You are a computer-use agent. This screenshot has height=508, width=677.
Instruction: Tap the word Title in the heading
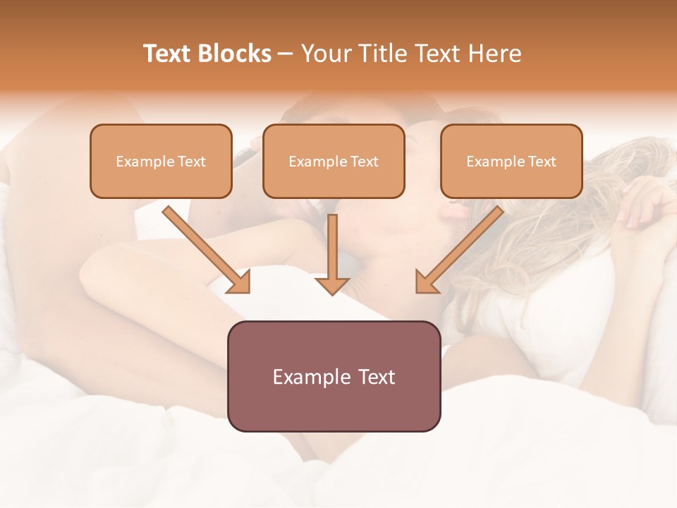(x=381, y=54)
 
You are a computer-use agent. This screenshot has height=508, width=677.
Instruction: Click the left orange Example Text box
(x=161, y=162)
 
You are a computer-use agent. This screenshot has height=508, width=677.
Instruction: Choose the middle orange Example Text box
(x=334, y=162)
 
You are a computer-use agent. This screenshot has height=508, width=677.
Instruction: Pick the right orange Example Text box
(x=511, y=162)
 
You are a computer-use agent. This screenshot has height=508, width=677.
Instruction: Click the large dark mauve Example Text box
(x=334, y=376)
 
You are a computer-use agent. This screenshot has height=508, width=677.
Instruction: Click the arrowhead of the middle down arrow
(x=332, y=284)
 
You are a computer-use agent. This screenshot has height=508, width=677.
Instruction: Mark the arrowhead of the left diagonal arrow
(x=240, y=282)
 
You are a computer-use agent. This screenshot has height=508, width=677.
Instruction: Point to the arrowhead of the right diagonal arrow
(x=426, y=282)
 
